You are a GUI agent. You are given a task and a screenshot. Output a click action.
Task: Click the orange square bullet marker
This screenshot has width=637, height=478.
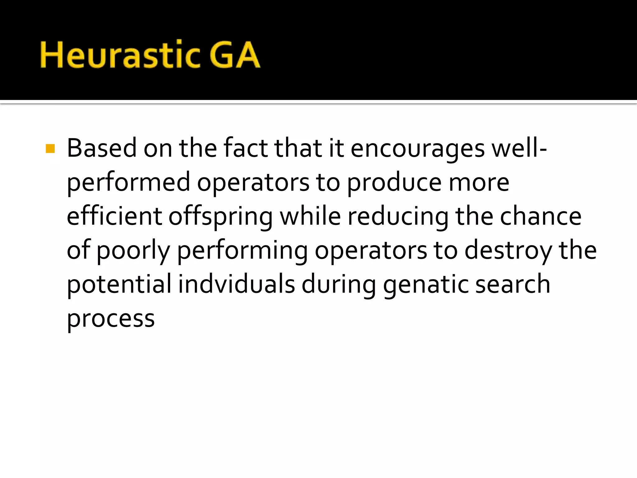point(50,149)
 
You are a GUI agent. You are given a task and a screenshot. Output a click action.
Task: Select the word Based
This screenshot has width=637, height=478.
point(101,148)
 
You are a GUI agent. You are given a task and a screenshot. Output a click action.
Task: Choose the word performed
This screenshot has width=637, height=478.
point(128,183)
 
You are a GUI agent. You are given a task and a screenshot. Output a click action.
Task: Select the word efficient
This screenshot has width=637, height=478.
point(114,217)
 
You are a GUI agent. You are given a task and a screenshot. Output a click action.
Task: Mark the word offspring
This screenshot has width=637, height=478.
point(221,217)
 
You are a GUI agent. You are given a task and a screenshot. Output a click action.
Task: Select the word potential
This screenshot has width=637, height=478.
point(119,284)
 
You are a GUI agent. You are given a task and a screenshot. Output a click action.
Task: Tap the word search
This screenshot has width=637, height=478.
point(513,284)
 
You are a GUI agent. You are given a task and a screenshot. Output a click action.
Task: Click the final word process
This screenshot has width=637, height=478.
point(111,319)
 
